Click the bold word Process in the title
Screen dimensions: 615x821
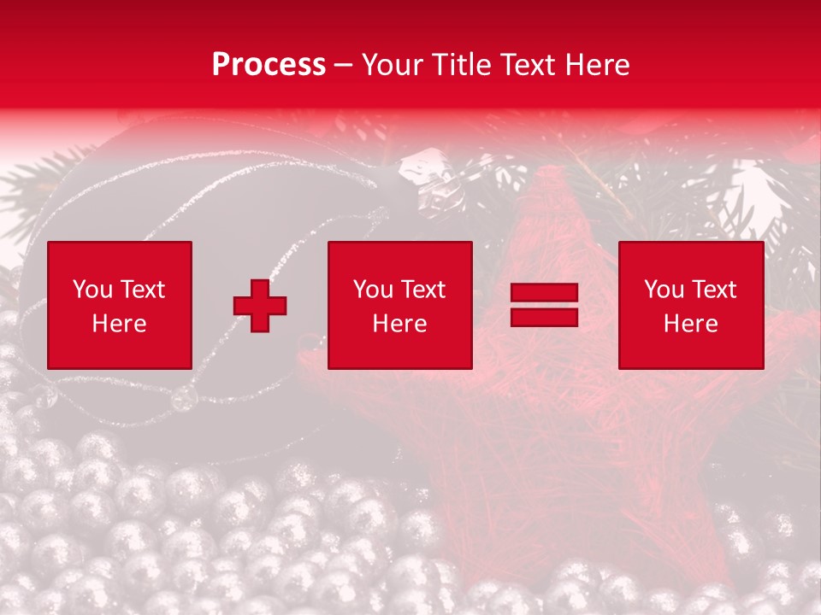[269, 65]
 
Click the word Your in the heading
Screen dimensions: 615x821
[390, 65]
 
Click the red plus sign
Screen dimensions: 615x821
[260, 306]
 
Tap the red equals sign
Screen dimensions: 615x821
[544, 305]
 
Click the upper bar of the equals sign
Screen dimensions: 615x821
[544, 293]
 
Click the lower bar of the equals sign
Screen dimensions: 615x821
[544, 317]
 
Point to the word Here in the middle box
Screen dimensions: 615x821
[399, 324]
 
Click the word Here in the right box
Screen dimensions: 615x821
[690, 324]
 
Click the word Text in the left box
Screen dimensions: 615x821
[142, 290]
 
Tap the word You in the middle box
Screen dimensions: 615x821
[372, 290]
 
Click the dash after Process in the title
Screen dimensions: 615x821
[344, 66]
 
